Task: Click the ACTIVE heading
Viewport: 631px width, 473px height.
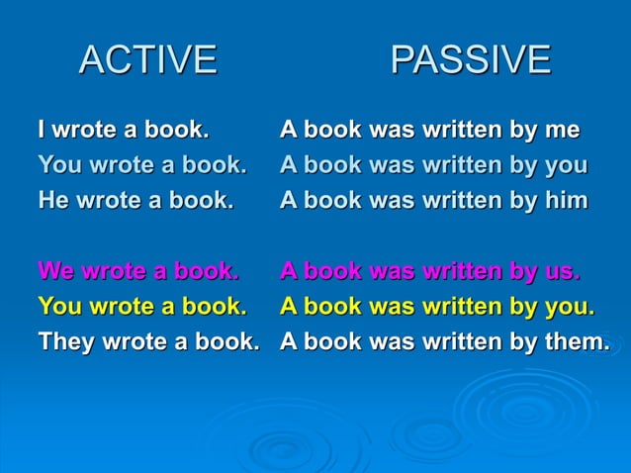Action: point(147,60)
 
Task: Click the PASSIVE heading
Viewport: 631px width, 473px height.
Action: point(470,60)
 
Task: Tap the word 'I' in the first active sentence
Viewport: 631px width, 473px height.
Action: point(42,130)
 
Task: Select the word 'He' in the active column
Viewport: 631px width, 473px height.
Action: point(52,200)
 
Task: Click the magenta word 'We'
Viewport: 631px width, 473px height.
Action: point(56,270)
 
